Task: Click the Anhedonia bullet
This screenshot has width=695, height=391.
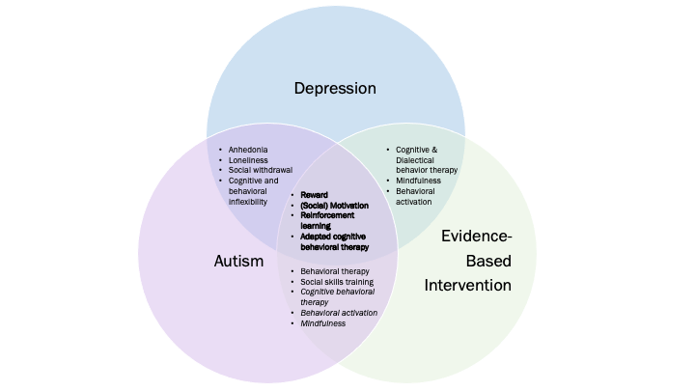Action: pyautogui.click(x=248, y=150)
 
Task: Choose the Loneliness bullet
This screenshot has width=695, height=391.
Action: pyautogui.click(x=248, y=159)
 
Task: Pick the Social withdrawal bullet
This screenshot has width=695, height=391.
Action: pyautogui.click(x=261, y=170)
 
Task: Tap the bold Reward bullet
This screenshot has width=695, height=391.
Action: pyautogui.click(x=315, y=194)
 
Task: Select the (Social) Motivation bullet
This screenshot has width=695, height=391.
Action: pyautogui.click(x=333, y=205)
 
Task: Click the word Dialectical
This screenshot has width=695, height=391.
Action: pyautogui.click(x=416, y=160)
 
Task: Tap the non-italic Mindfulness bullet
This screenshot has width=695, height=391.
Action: pyautogui.click(x=418, y=181)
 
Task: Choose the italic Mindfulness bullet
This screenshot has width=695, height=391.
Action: pyautogui.click(x=321, y=322)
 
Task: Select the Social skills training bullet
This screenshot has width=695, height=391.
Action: pyautogui.click(x=337, y=281)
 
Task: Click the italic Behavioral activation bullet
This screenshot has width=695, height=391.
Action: pyautogui.click(x=338, y=312)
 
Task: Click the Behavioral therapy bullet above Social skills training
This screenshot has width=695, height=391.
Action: pyautogui.click(x=334, y=271)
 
